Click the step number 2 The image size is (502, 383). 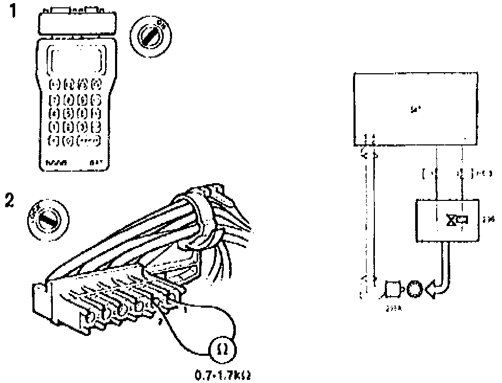click(9, 201)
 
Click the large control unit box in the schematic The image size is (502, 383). click(416, 109)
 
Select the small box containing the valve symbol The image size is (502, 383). click(447, 221)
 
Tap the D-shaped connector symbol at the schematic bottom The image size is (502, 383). click(393, 289)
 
